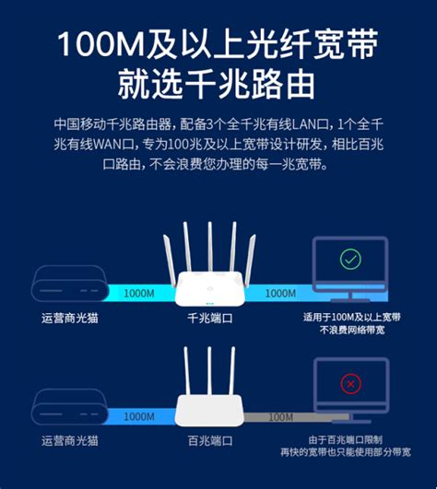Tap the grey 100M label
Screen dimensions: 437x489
tap(280, 417)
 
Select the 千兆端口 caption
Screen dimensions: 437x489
tap(210, 318)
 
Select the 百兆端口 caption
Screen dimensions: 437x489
tap(210, 441)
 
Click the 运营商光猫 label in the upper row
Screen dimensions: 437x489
tap(70, 318)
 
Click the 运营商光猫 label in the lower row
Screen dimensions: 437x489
tap(70, 441)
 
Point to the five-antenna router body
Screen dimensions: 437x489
tap(210, 289)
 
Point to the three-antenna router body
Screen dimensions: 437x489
tap(210, 411)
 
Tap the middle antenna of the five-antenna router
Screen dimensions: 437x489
tap(210, 247)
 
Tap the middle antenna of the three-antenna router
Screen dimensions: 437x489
tap(209, 370)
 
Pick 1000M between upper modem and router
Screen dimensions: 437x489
tap(139, 294)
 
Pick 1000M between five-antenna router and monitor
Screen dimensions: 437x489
tap(280, 294)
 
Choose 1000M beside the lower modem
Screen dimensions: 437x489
tap(139, 417)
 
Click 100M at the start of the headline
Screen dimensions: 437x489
tap(100, 44)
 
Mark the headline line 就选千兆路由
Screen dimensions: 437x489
tap(216, 84)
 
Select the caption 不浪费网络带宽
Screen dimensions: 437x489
tap(352, 330)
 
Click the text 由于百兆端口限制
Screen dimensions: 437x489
tap(345, 439)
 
